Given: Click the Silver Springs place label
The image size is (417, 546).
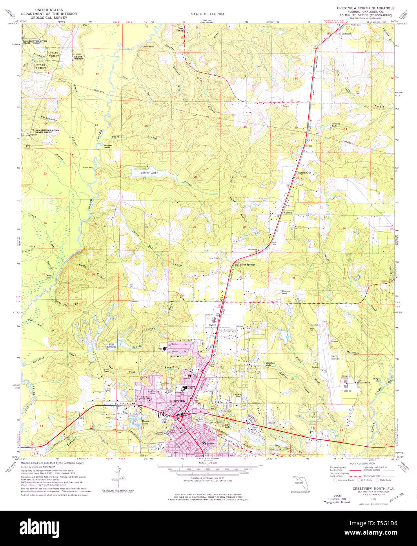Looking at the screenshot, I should [247, 265].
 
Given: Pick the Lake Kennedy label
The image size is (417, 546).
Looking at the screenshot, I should [111, 346].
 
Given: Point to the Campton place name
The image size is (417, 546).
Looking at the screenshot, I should [346, 34].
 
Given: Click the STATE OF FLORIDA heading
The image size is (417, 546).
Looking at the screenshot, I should [208, 14].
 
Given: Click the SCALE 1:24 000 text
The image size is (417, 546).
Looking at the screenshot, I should [208, 463].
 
